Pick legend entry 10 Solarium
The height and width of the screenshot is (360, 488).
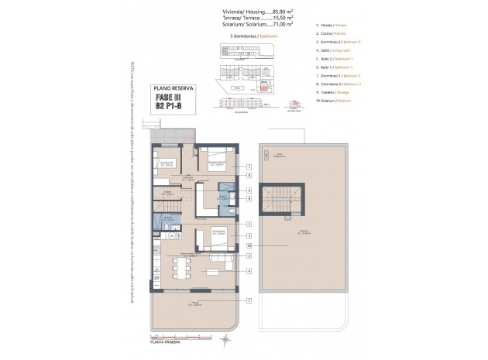335,101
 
